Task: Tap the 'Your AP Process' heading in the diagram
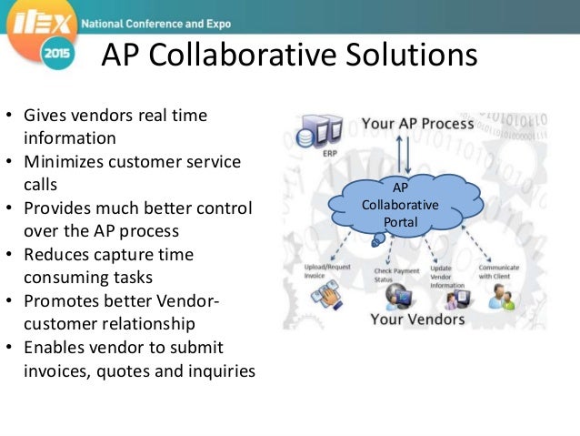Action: point(417,123)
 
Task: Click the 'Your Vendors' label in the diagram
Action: point(418,319)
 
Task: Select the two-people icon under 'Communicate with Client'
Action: point(502,297)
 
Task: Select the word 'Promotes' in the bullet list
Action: point(59,302)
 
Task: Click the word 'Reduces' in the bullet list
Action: point(55,255)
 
